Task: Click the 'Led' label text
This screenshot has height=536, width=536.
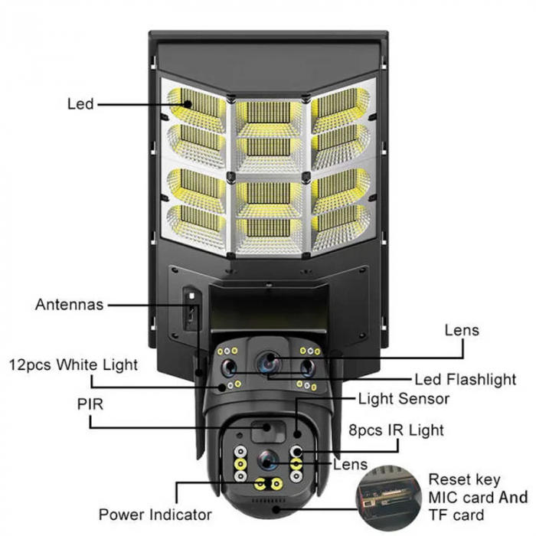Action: tap(80, 103)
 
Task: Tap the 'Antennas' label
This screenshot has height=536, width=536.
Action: tap(69, 304)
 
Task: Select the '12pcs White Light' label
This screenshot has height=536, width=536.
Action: tap(74, 364)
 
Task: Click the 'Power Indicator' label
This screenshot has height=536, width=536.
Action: tap(155, 514)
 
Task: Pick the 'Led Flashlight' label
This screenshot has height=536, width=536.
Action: tap(465, 379)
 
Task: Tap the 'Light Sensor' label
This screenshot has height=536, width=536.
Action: tap(404, 399)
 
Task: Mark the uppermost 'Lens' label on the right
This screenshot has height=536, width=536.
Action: tap(462, 331)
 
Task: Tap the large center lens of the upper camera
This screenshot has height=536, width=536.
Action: tap(267, 362)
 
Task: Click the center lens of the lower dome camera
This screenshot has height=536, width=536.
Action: tap(267, 459)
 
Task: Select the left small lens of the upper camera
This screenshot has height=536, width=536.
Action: tap(228, 368)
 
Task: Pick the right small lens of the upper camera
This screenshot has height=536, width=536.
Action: tap(306, 368)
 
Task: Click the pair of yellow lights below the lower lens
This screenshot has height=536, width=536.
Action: tap(267, 485)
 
